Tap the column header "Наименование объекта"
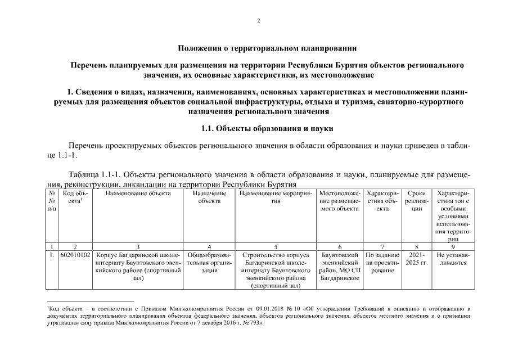click(x=137, y=193)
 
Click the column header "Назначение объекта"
click(x=209, y=197)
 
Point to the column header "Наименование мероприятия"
click(x=275, y=197)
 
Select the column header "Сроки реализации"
click(x=416, y=201)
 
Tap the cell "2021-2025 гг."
click(x=416, y=259)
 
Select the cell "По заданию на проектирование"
click(x=382, y=263)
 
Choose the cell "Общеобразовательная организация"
click(x=209, y=263)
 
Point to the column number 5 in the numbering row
click(x=275, y=246)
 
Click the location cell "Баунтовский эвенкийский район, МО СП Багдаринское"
click(x=339, y=267)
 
